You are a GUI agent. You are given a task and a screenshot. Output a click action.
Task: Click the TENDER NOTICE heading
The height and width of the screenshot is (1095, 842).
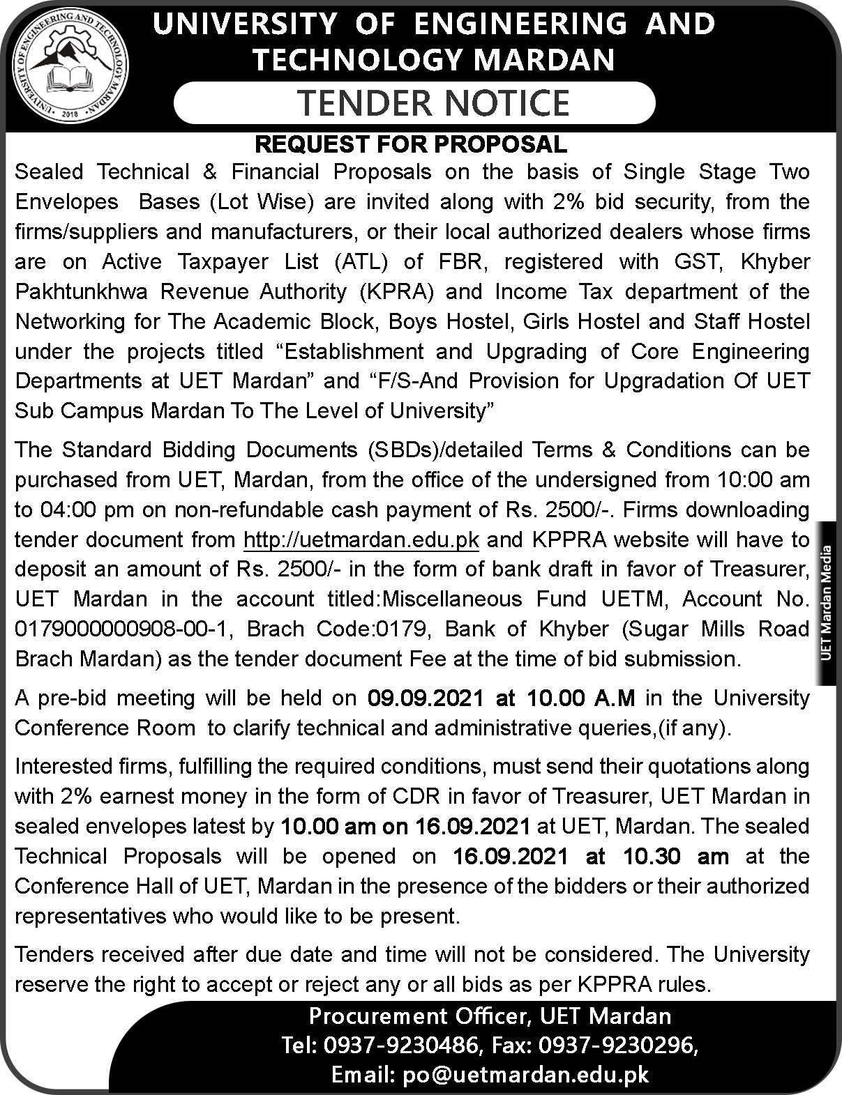click(x=434, y=103)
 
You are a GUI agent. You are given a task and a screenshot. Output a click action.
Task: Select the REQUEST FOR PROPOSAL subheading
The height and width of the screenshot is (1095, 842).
click(x=411, y=144)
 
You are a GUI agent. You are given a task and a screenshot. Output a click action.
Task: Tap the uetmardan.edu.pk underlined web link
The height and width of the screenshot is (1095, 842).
click(x=361, y=539)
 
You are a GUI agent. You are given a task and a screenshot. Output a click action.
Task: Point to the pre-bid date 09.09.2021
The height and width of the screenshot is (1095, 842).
click(x=423, y=698)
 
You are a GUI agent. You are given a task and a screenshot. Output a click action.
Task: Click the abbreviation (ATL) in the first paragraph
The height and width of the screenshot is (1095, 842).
click(x=359, y=261)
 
